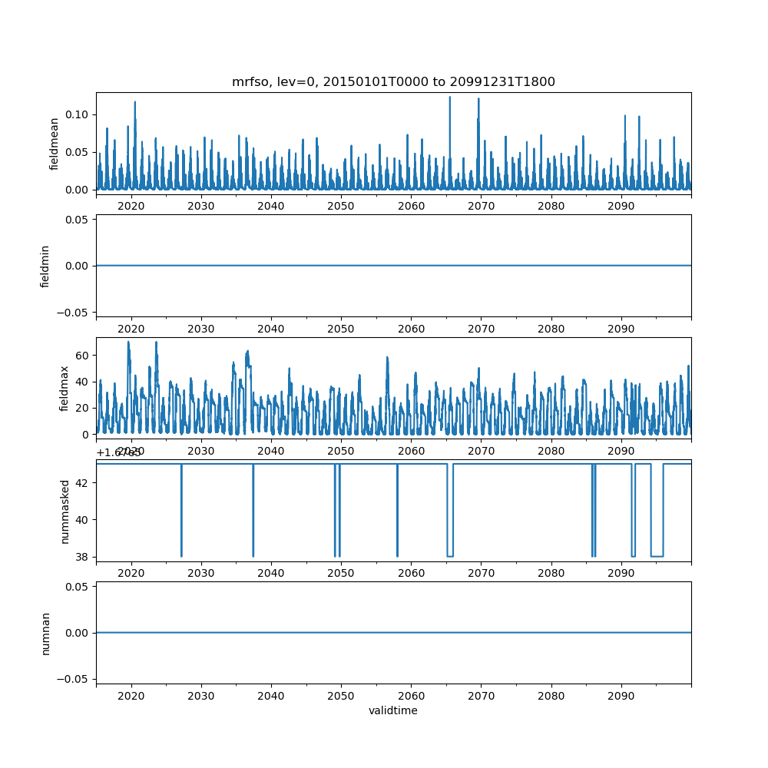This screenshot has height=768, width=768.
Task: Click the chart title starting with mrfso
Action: [x=393, y=81]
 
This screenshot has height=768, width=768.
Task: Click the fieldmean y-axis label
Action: [x=55, y=144]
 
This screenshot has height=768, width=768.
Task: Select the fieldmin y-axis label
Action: [x=45, y=265]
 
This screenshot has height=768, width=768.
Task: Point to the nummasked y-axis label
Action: [x=65, y=511]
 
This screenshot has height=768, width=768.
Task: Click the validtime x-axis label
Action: [x=393, y=711]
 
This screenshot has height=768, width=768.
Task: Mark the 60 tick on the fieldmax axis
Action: [x=83, y=355]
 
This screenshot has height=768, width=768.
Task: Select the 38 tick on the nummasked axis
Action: [x=83, y=556]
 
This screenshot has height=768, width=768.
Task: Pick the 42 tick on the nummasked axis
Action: [x=83, y=482]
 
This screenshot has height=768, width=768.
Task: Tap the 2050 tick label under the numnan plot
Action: [x=340, y=696]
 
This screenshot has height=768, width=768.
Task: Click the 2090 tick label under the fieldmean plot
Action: [x=621, y=207]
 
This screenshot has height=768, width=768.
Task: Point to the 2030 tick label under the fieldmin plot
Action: [x=200, y=329]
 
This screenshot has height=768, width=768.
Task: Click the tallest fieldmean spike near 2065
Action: [x=450, y=98]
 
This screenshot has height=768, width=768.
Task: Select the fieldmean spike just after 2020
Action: [x=135, y=102]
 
